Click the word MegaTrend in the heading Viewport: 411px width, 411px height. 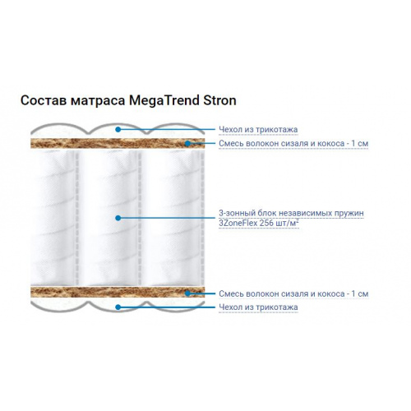[x=164, y=100]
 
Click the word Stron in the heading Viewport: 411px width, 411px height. [x=219, y=100]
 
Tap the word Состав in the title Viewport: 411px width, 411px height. [x=44, y=100]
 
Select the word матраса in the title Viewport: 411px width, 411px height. [x=98, y=101]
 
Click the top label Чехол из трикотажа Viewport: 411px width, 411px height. [x=258, y=129]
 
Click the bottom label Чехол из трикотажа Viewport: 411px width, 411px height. [x=258, y=307]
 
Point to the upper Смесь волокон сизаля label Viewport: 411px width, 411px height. [x=293, y=143]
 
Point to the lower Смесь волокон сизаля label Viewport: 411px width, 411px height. [x=293, y=293]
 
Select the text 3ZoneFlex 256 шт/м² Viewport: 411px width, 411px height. [x=259, y=223]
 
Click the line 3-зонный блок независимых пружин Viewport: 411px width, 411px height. [x=291, y=213]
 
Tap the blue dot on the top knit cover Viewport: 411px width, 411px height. [x=118, y=129]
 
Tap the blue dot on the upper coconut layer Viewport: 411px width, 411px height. [x=187, y=143]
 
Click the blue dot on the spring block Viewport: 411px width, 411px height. [x=118, y=218]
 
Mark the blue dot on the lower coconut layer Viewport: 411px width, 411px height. [x=187, y=293]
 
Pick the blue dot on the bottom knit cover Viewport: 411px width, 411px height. [x=118, y=307]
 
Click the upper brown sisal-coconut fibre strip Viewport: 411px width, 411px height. [x=118, y=143]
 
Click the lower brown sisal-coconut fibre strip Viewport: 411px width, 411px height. [x=118, y=293]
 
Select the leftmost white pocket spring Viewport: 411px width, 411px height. [x=53, y=218]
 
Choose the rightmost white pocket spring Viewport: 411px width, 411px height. [x=173, y=218]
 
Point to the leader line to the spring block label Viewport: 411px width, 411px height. [x=167, y=218]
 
